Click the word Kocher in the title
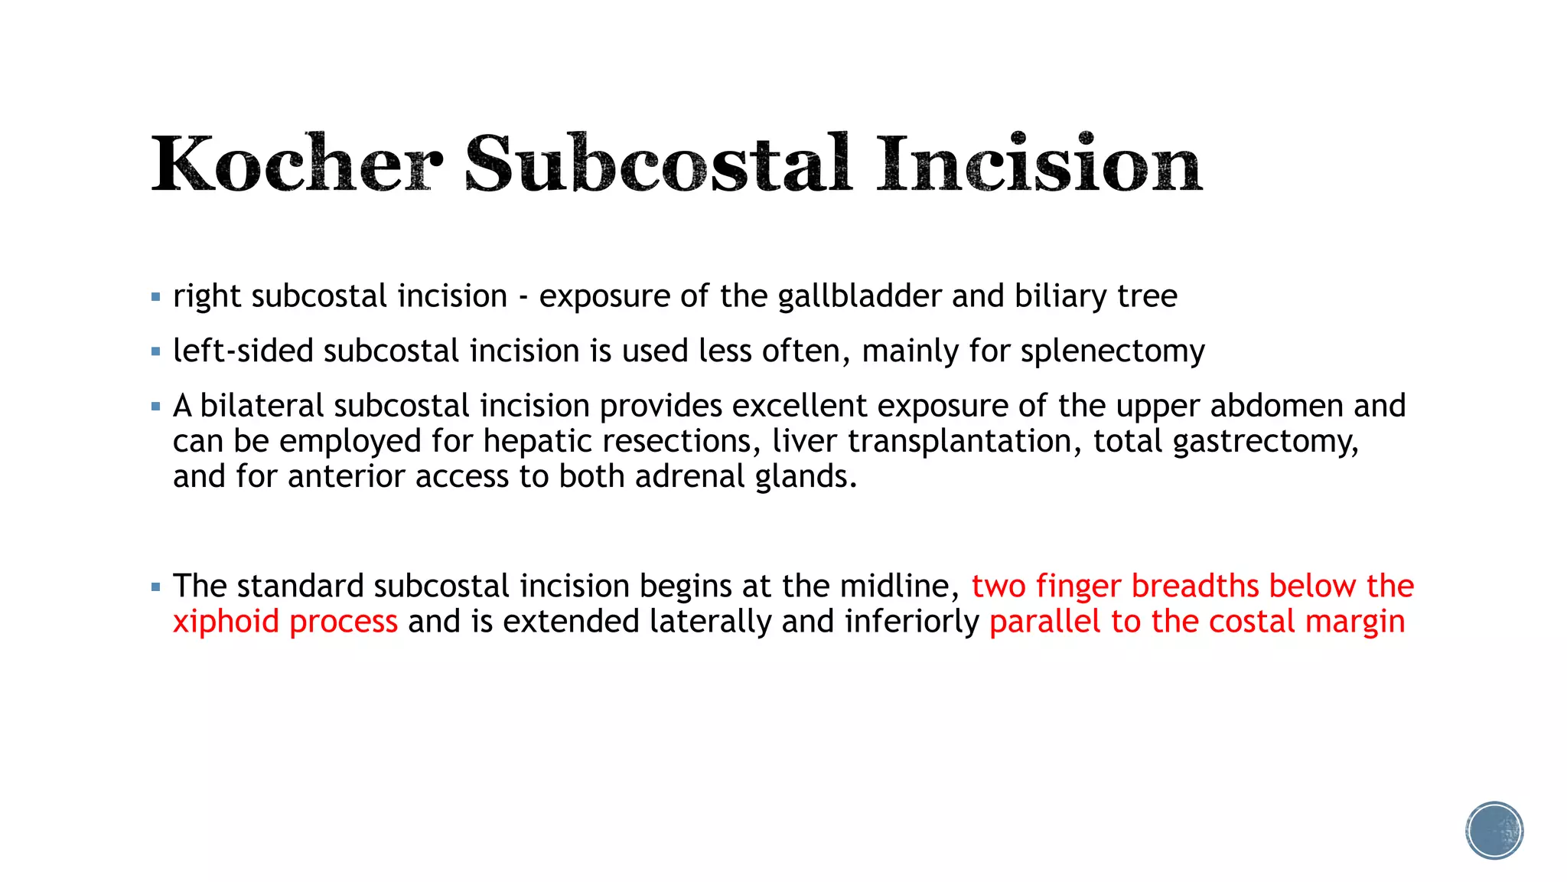click(x=297, y=164)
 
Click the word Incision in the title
click(x=1039, y=164)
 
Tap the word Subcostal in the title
click(x=658, y=164)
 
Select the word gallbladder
click(x=859, y=297)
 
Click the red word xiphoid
click(x=226, y=622)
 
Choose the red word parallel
click(x=1044, y=622)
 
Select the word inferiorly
click(x=911, y=622)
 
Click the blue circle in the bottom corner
click(x=1494, y=831)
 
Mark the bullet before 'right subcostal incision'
click(x=156, y=297)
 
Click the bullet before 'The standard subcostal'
click(x=156, y=587)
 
